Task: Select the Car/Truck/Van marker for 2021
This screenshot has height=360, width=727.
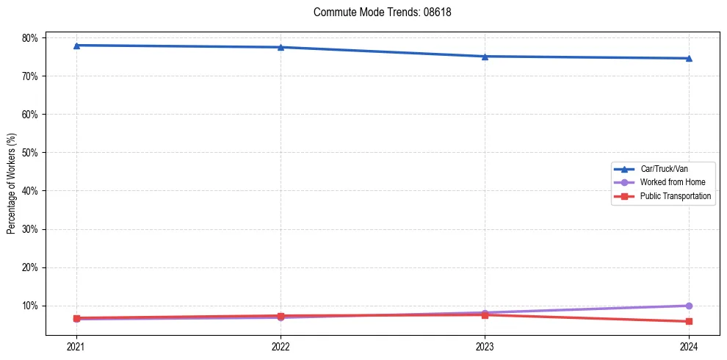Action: pyautogui.click(x=76, y=46)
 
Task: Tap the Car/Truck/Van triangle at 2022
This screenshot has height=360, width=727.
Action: pyautogui.click(x=281, y=47)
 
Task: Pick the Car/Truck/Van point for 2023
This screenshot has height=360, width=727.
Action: pyautogui.click(x=485, y=57)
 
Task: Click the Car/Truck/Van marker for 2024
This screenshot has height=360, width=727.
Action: pyautogui.click(x=689, y=58)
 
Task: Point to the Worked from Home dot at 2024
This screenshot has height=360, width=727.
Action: pyautogui.click(x=689, y=306)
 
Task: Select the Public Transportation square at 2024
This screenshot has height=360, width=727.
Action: pyautogui.click(x=689, y=321)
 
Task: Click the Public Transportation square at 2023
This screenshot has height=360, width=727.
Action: pyautogui.click(x=485, y=314)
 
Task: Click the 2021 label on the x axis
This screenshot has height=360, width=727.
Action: pyautogui.click(x=76, y=346)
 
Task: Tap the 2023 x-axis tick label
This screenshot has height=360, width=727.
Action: pyautogui.click(x=485, y=346)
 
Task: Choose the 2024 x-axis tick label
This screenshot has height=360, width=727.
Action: pyautogui.click(x=689, y=346)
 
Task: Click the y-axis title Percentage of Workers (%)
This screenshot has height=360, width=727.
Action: pyautogui.click(x=12, y=184)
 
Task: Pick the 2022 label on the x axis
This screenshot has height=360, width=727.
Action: pyautogui.click(x=281, y=346)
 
